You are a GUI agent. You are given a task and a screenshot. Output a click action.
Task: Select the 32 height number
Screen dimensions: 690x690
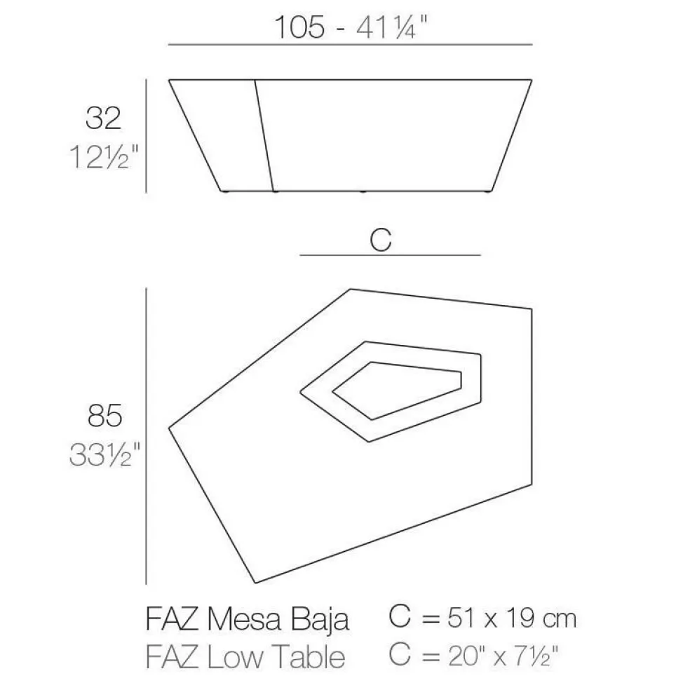[103, 119]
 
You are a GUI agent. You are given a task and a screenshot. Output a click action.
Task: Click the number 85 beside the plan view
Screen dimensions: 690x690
[105, 417]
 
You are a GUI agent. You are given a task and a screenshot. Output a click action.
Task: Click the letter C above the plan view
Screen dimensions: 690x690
[379, 240]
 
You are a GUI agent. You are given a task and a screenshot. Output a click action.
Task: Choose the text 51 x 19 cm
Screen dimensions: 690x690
[503, 618]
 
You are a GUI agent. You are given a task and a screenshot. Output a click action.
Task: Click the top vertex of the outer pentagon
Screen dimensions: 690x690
[350, 288]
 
